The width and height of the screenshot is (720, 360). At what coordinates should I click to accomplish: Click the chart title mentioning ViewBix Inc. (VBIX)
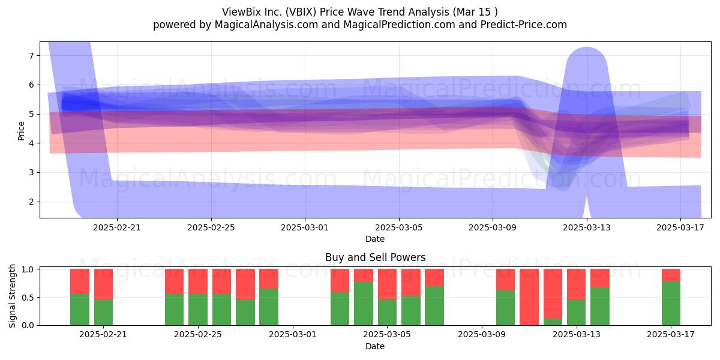pos(359,12)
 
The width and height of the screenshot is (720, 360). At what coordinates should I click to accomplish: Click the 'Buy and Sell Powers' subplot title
pos(375,257)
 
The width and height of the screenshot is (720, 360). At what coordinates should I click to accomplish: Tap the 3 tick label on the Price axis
pos(31,173)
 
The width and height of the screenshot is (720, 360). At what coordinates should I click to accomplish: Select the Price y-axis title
pos(21,131)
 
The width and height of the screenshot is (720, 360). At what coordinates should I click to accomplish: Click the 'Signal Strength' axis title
pos(12,296)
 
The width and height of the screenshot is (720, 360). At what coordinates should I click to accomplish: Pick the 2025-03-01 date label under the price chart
pos(305,227)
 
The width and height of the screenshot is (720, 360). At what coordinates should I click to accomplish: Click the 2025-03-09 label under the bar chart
pos(481,335)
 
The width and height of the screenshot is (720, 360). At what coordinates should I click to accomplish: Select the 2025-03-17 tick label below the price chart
pos(680,227)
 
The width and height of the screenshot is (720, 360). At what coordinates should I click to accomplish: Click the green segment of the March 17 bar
pos(671,304)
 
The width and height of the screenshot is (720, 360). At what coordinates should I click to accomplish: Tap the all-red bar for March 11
pos(529,297)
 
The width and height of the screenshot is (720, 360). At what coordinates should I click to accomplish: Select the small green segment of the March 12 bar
pos(553,322)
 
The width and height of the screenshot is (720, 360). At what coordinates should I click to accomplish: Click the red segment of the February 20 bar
pos(80,281)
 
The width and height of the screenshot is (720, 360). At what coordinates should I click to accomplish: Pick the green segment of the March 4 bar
pos(364,304)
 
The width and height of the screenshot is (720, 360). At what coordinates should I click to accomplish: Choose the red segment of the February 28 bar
pos(269,278)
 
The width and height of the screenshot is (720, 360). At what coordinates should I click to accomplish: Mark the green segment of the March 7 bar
pos(434,305)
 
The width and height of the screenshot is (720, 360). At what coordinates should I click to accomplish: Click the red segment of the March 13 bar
pos(577,284)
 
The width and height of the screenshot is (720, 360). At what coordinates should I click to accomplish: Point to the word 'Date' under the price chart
pos(375,239)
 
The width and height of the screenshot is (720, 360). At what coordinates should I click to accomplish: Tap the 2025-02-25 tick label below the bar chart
pos(197,335)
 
